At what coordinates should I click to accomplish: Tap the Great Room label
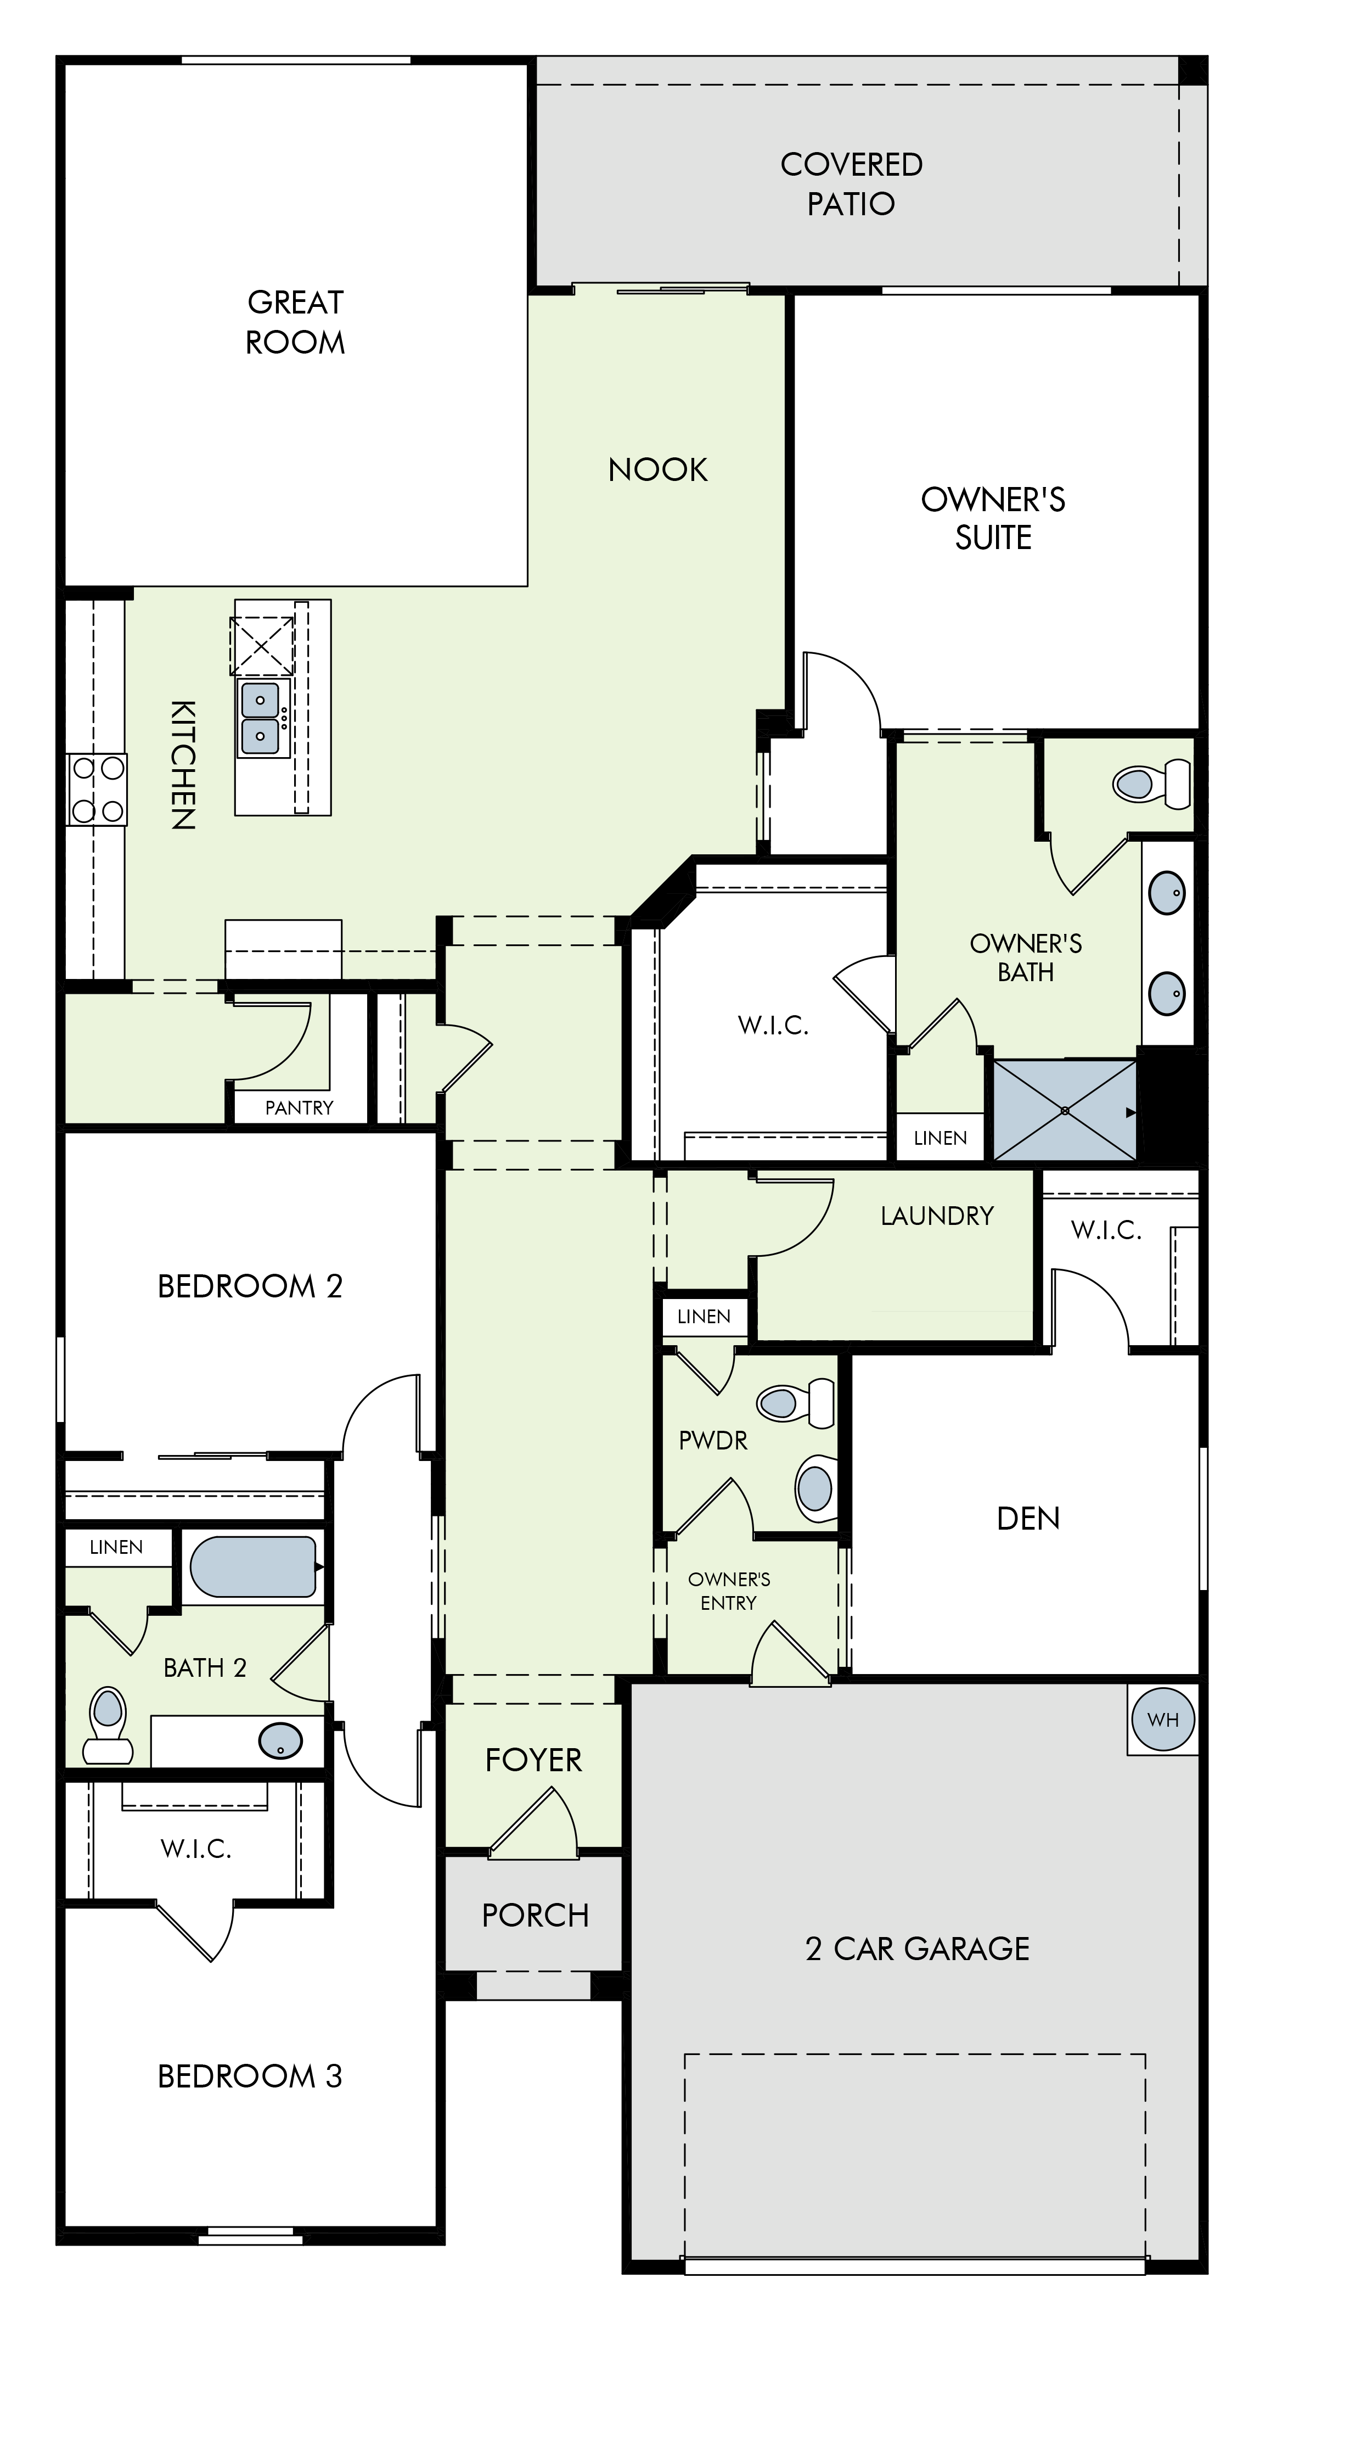coord(295,322)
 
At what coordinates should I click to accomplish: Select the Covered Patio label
coord(852,183)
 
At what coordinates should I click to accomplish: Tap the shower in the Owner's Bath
coord(1065,1110)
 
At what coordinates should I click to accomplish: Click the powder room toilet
coord(796,1402)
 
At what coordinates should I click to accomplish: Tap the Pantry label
coord(299,1107)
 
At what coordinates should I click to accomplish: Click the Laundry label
coord(937,1216)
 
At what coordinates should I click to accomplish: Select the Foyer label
coord(533,1760)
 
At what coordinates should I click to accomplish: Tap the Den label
coord(1028,1518)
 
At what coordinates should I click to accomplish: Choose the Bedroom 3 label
coord(250,2076)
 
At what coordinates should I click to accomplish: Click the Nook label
coord(658,469)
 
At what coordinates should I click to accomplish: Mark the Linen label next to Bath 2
coord(116,1547)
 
